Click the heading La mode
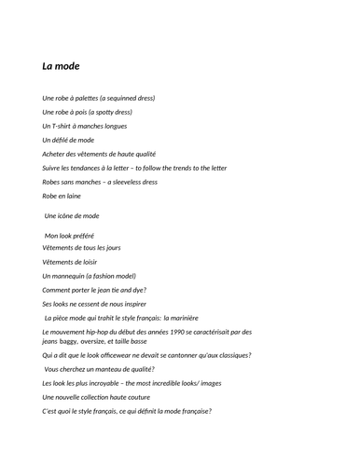pyautogui.click(x=61, y=66)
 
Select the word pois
pyautogui.click(x=80, y=112)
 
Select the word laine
pyautogui.click(x=72, y=196)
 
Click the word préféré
pyautogui.click(x=81, y=236)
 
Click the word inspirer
pyautogui.click(x=131, y=304)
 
